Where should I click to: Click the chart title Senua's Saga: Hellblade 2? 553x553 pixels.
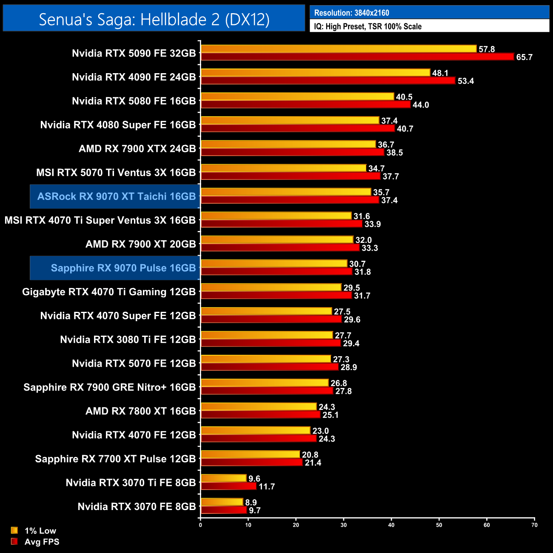click(154, 19)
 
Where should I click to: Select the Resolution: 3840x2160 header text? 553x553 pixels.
click(351, 13)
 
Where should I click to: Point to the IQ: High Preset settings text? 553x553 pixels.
click(368, 26)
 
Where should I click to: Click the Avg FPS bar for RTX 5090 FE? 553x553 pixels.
click(357, 57)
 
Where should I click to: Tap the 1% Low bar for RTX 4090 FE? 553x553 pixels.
click(315, 73)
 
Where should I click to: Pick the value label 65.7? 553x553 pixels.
click(524, 57)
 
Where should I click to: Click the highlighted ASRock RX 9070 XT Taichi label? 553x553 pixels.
click(116, 197)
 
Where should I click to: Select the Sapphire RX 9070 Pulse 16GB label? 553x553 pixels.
click(123, 268)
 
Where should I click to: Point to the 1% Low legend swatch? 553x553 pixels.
click(14, 530)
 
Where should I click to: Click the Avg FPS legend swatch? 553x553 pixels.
click(14, 542)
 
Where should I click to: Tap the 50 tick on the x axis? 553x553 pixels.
click(439, 525)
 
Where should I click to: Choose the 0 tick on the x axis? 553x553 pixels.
click(200, 525)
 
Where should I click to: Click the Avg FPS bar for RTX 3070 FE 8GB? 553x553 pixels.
click(224, 510)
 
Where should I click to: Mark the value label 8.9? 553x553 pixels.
click(251, 503)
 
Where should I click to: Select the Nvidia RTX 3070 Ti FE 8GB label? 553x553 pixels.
click(131, 483)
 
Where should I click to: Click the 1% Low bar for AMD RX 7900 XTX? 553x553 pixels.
click(288, 144)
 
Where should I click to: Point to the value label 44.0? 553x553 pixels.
click(421, 105)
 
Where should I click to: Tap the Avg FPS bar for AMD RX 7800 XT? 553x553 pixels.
click(260, 415)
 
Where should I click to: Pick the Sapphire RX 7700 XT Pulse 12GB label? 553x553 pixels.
click(115, 459)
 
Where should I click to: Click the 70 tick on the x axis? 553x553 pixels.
click(534, 525)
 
